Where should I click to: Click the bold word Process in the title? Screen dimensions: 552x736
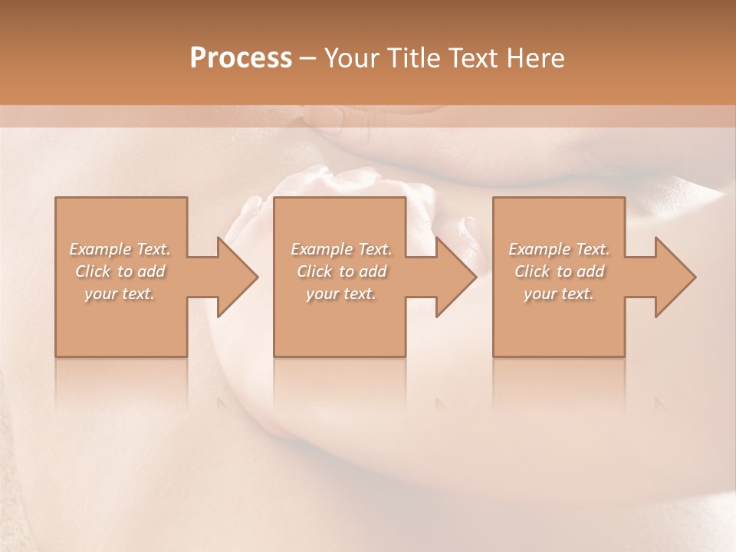(x=241, y=58)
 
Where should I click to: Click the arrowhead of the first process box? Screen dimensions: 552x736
(x=237, y=277)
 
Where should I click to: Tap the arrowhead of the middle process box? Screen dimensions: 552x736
(x=455, y=277)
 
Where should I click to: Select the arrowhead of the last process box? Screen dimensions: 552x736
(x=675, y=277)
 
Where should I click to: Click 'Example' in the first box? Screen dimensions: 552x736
(x=100, y=249)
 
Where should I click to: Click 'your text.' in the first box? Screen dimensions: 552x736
(x=120, y=294)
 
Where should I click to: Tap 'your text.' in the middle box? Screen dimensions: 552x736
(x=341, y=294)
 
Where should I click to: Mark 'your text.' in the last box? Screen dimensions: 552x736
(x=559, y=294)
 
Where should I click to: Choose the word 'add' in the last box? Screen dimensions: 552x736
(x=591, y=271)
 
